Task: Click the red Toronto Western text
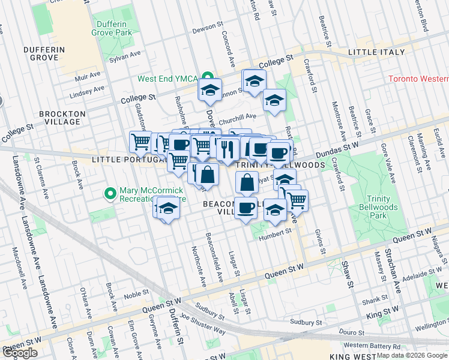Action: click(x=418, y=79)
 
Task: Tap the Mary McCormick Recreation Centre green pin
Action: click(x=109, y=193)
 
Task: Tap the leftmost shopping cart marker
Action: click(x=140, y=142)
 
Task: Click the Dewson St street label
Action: click(x=207, y=29)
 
